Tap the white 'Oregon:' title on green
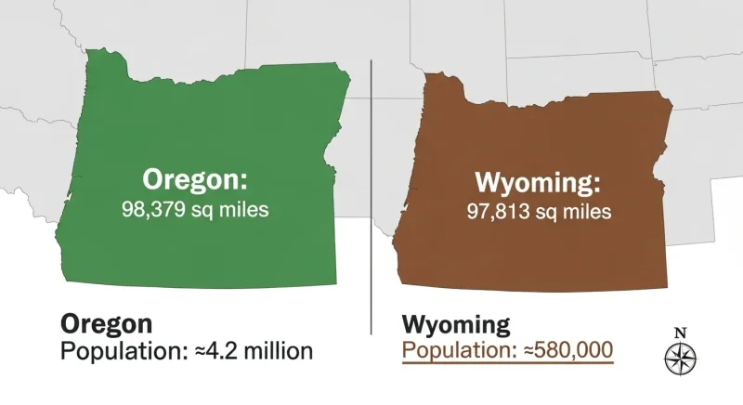195,178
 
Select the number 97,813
499,211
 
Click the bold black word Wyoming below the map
455,325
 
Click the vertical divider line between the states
371,186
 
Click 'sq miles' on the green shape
231,209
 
